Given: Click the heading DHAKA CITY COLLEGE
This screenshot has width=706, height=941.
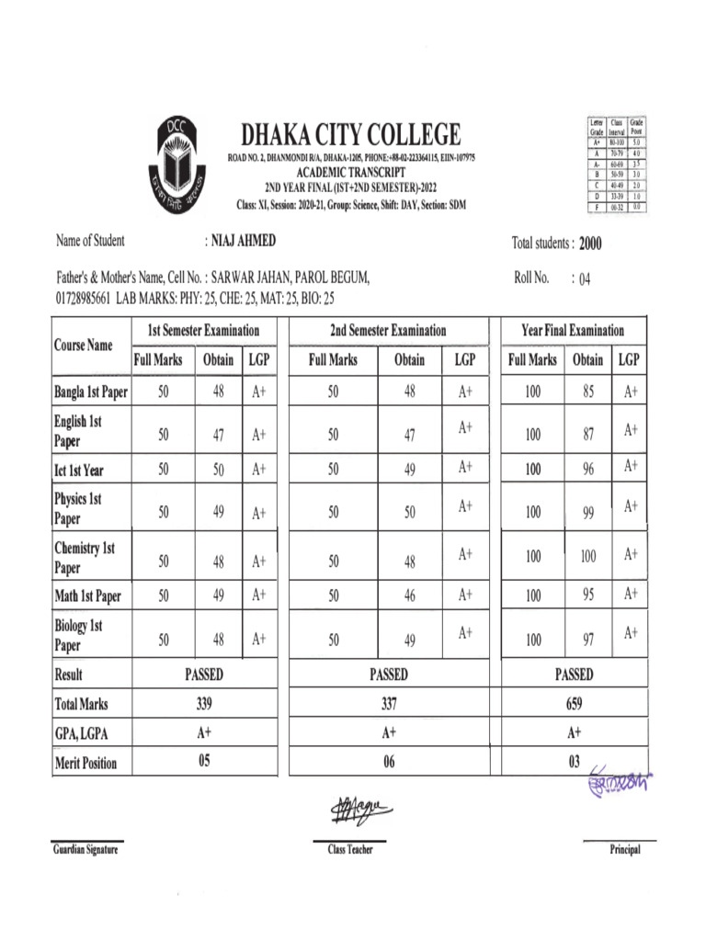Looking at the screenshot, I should pos(350,137).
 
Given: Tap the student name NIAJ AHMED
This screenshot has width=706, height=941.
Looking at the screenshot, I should pos(243,242).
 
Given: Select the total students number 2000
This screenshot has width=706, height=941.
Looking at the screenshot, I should pos(590,244).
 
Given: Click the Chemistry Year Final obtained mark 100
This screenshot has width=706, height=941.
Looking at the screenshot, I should pos(588,556).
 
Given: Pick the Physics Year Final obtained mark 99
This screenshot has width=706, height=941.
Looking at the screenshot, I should pos(588,513).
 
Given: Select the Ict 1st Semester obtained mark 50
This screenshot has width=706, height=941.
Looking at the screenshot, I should pos(219,470).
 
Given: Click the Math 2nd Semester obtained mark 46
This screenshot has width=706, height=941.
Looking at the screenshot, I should pos(409,595).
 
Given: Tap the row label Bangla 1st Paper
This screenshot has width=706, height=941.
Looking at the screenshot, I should pos(91,393).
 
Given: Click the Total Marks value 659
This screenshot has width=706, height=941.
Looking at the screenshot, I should pos(574,704).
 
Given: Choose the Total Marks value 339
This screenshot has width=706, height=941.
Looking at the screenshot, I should pos(204,704).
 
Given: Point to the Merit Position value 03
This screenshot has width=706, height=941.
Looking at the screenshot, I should pos(574,762).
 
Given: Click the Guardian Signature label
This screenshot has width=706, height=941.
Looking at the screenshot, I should pos(85,851).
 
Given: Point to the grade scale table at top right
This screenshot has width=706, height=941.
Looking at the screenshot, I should pos(615,164).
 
